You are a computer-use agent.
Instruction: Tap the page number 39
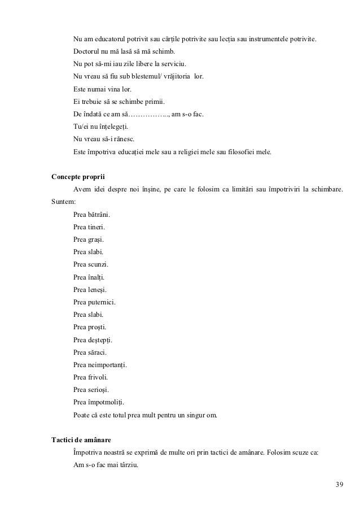click(338, 484)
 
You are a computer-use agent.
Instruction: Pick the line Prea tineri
click(89, 227)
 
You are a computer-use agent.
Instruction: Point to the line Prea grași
click(89, 239)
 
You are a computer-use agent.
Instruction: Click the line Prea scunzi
click(91, 264)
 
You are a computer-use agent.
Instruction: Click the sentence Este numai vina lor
click(102, 89)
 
